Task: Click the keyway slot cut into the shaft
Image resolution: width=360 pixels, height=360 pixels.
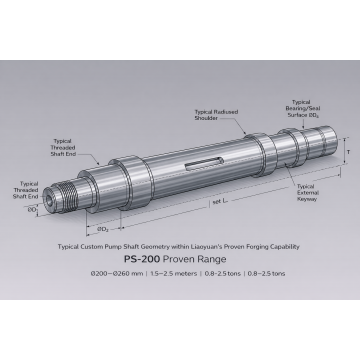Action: [x=204, y=160]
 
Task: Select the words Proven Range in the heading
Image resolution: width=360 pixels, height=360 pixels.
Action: [x=201, y=259]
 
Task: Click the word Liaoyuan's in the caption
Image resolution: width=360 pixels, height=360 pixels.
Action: [x=201, y=245]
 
